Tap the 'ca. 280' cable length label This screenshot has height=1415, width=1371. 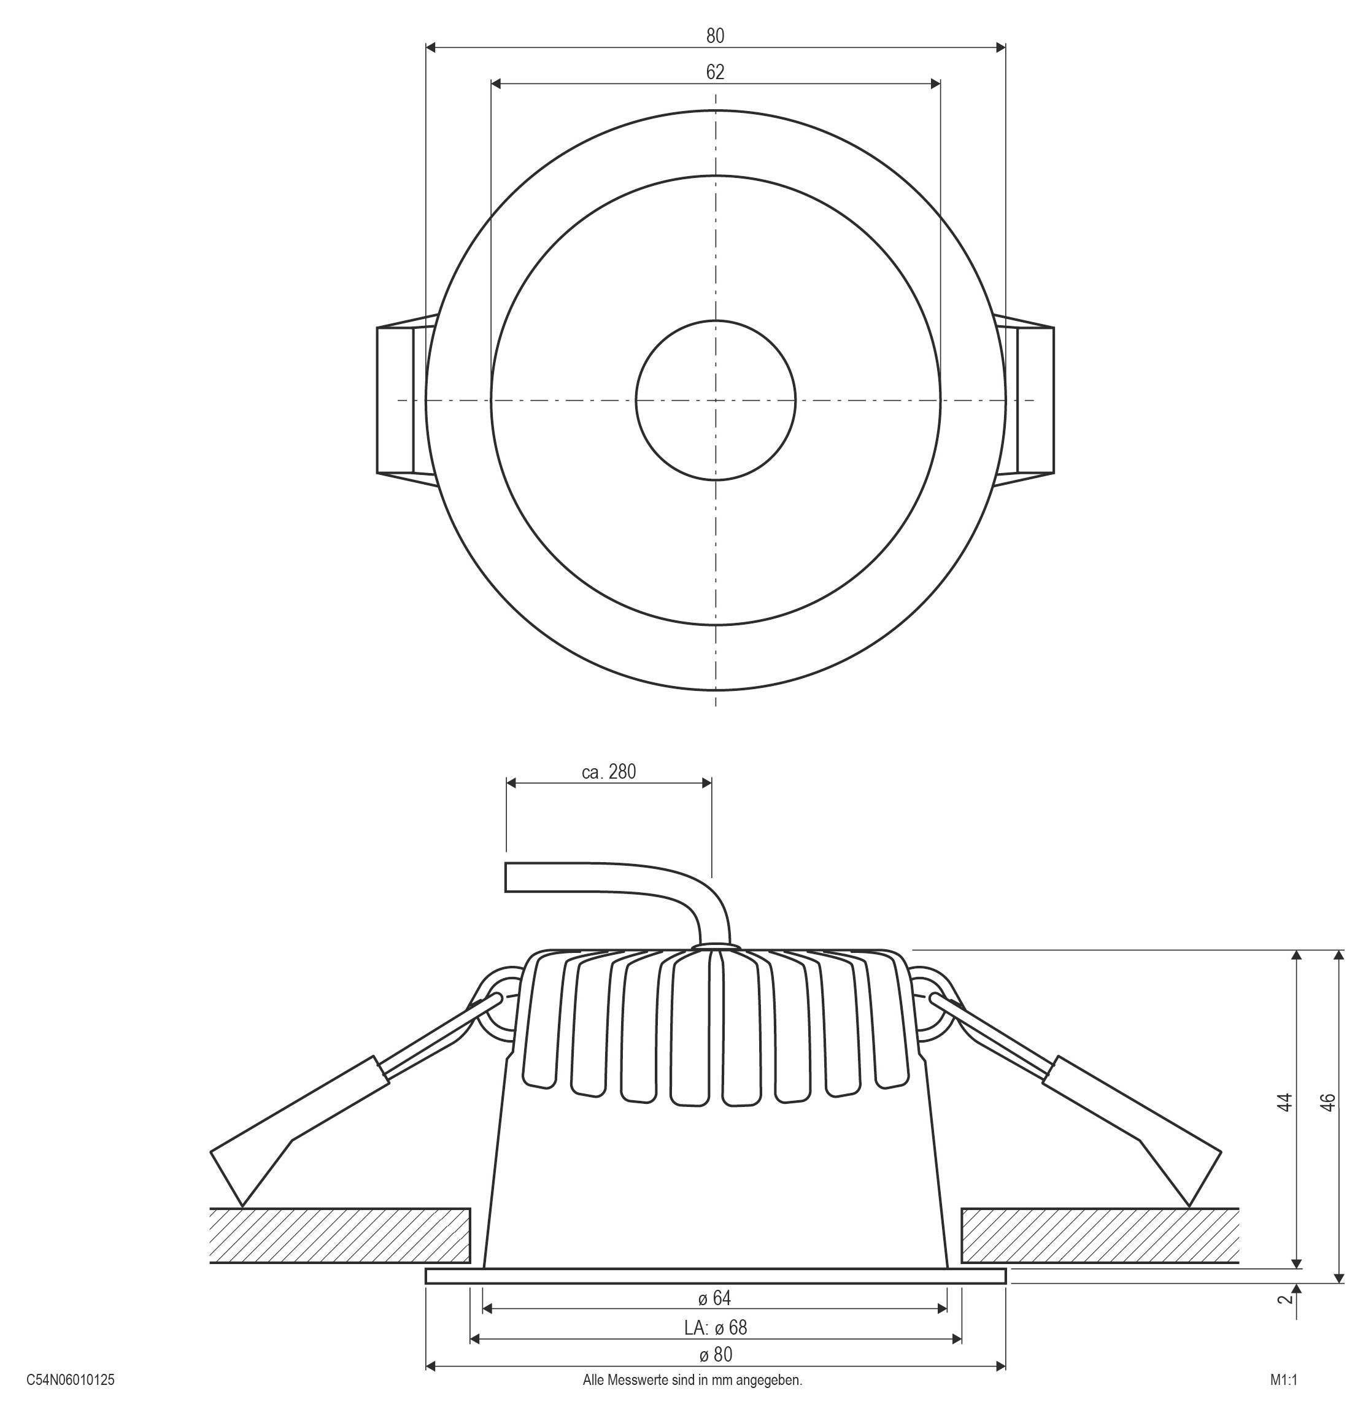point(609,773)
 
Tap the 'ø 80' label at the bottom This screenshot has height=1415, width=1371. point(715,1355)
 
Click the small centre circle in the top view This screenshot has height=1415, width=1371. point(715,399)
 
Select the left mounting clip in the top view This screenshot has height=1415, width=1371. point(401,400)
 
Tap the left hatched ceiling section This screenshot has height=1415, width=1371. point(339,1236)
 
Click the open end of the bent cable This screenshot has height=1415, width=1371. point(507,877)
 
